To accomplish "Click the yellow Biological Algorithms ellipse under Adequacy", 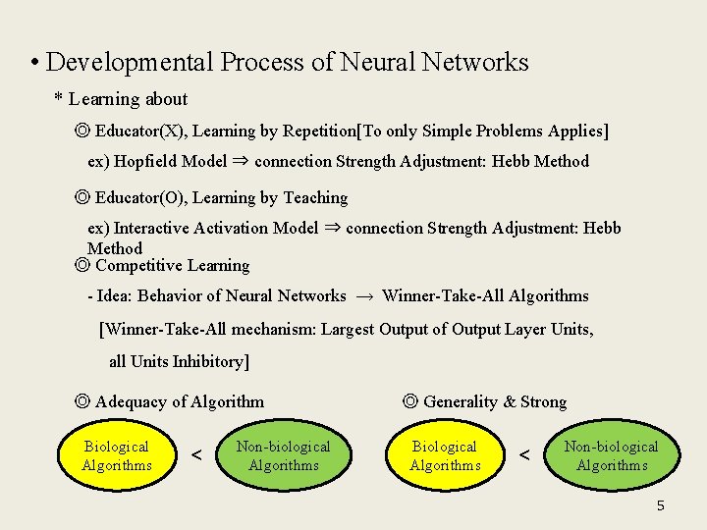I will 117,455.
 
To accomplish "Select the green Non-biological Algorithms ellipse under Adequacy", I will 283,455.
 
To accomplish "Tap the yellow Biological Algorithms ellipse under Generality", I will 445,455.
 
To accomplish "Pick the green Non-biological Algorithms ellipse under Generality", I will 611,455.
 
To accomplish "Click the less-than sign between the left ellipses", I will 196,456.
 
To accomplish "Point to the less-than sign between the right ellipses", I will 524,456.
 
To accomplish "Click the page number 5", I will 660,505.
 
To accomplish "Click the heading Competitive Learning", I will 172,265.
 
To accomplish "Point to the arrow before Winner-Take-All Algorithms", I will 364,295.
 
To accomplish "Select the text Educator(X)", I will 138,131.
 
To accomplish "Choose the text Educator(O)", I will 138,197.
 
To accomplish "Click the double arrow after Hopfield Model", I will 241,161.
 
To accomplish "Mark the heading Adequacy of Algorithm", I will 180,401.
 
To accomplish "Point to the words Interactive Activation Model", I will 216,228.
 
